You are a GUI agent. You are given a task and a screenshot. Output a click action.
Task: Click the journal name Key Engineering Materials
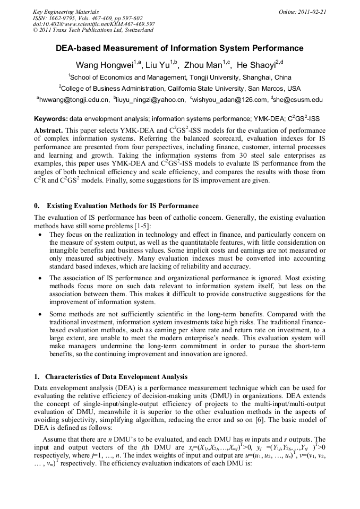(66, 11)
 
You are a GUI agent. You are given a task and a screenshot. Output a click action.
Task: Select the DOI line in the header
(93, 24)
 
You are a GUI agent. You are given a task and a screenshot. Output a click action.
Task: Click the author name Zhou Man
(200, 66)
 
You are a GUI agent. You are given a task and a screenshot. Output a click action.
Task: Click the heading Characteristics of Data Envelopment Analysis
(116, 377)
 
